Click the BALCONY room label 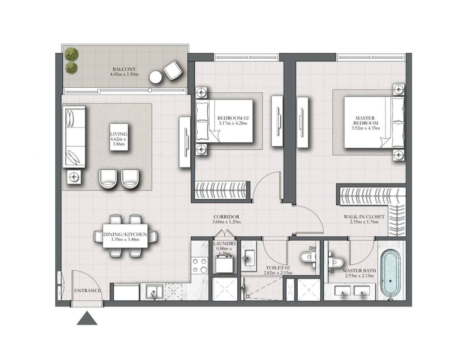(x=124, y=69)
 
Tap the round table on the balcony (x=156, y=78)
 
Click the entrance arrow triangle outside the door (x=87, y=318)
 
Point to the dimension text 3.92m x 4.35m (x=365, y=128)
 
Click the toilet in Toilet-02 (x=307, y=257)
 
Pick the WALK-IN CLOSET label (x=364, y=217)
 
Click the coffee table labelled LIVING (x=119, y=137)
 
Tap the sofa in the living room (x=74, y=137)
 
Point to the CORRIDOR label (x=226, y=217)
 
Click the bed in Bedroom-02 (x=224, y=121)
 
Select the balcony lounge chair (x=173, y=70)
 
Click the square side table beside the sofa (x=74, y=177)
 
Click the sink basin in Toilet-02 (x=249, y=258)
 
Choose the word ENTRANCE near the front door (x=88, y=291)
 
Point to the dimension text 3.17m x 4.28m (x=233, y=123)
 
